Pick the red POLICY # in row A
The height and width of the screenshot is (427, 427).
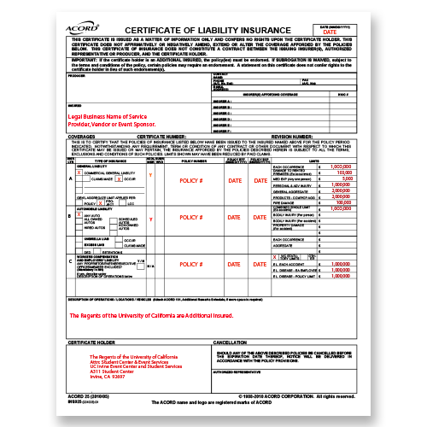[190, 182]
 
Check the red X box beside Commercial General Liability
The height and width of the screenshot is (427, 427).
[79, 173]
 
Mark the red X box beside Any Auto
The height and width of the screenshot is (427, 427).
[79, 214]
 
